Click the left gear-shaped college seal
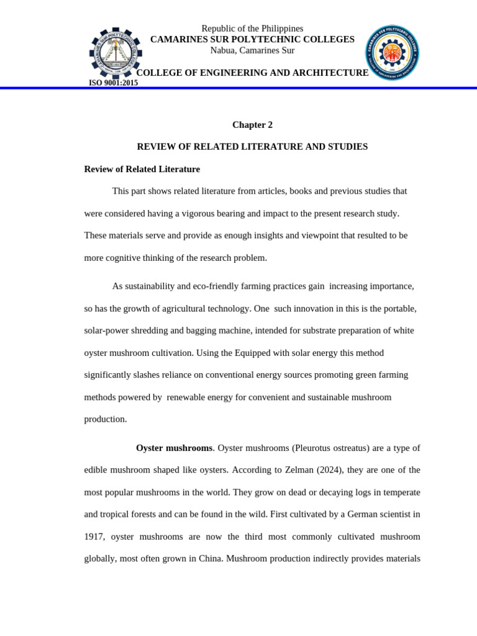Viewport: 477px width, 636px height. [116, 53]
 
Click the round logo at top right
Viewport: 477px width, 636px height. [392, 53]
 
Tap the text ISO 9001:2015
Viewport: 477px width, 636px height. [114, 83]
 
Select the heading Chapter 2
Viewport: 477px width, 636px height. [252, 125]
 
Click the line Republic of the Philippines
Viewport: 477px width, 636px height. [252, 29]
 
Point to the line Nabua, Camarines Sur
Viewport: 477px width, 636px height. [252, 50]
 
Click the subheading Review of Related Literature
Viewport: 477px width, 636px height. [142, 169]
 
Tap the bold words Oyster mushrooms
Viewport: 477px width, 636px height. [174, 448]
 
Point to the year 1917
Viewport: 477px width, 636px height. [95, 537]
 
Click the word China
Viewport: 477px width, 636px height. [209, 558]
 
